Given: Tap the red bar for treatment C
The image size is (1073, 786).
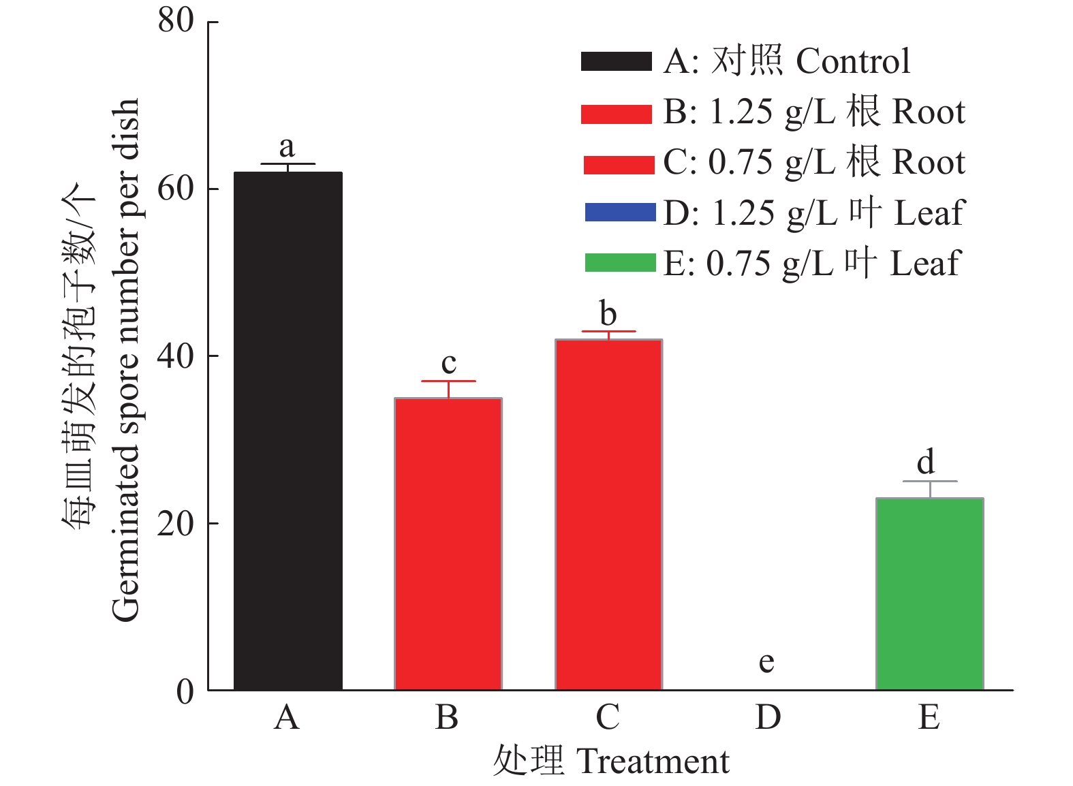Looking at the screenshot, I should click(608, 514).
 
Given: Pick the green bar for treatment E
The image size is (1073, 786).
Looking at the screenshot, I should click(929, 594).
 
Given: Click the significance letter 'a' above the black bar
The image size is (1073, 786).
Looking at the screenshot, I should click(287, 146).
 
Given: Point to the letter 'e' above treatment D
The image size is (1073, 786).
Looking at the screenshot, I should click(766, 661).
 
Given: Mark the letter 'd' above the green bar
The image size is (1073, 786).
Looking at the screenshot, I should click(925, 462).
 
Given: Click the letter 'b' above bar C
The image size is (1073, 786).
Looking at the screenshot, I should click(608, 314).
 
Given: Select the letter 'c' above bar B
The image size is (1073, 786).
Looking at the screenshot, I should click(448, 364).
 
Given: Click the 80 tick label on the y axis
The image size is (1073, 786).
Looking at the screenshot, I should click(176, 20).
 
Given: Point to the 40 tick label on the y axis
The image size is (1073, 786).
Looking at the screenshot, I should click(176, 356).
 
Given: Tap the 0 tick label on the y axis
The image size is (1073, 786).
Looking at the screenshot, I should click(185, 691).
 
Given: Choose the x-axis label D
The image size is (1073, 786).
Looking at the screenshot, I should click(768, 717).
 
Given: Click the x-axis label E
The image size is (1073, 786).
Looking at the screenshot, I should click(929, 717).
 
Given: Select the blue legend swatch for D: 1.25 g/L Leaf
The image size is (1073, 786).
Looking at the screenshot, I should click(620, 213).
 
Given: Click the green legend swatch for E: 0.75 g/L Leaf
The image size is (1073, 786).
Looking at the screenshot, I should click(620, 263).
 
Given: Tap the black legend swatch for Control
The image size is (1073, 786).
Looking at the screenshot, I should click(616, 61).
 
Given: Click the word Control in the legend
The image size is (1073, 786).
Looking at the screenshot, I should click(853, 61).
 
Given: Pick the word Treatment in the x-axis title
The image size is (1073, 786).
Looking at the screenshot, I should click(653, 761).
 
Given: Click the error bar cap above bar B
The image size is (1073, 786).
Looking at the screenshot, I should click(448, 381).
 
